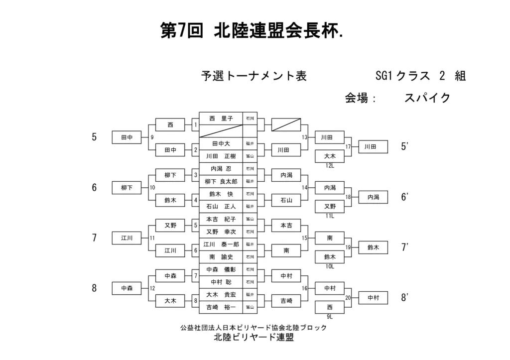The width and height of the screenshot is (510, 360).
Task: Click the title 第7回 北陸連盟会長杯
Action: pos(252,31)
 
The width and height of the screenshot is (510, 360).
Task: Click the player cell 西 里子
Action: pos(221,119)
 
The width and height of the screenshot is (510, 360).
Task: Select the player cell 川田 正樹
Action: pos(221,156)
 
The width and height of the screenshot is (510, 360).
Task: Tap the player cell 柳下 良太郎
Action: pos(221,181)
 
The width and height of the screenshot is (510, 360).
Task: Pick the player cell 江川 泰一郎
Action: pos(221,244)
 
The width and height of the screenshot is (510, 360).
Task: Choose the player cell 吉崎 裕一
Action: pos(221,307)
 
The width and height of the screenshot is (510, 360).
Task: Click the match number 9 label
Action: pos(152,137)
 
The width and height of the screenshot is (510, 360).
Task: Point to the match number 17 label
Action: pos(348,147)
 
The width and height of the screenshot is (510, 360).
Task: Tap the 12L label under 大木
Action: pos(330,165)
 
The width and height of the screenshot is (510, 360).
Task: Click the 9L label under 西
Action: pos(330,316)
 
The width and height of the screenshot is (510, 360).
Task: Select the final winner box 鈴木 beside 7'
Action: pos(373,247)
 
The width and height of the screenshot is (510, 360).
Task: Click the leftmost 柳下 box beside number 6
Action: pos(127,188)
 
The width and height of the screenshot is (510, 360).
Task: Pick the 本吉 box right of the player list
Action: pos(286,226)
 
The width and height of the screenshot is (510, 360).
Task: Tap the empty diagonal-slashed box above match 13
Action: pos(286,124)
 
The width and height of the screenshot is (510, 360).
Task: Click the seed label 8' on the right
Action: pos(404,298)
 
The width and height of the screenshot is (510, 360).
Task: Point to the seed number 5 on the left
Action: pos(94,137)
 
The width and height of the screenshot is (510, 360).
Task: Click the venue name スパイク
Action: pos(427,98)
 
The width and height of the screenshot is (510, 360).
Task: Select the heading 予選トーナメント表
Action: pos(254,76)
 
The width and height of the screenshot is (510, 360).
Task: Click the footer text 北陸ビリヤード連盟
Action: pos(254,337)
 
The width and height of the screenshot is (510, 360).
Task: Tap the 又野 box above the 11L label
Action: pos(330,207)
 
